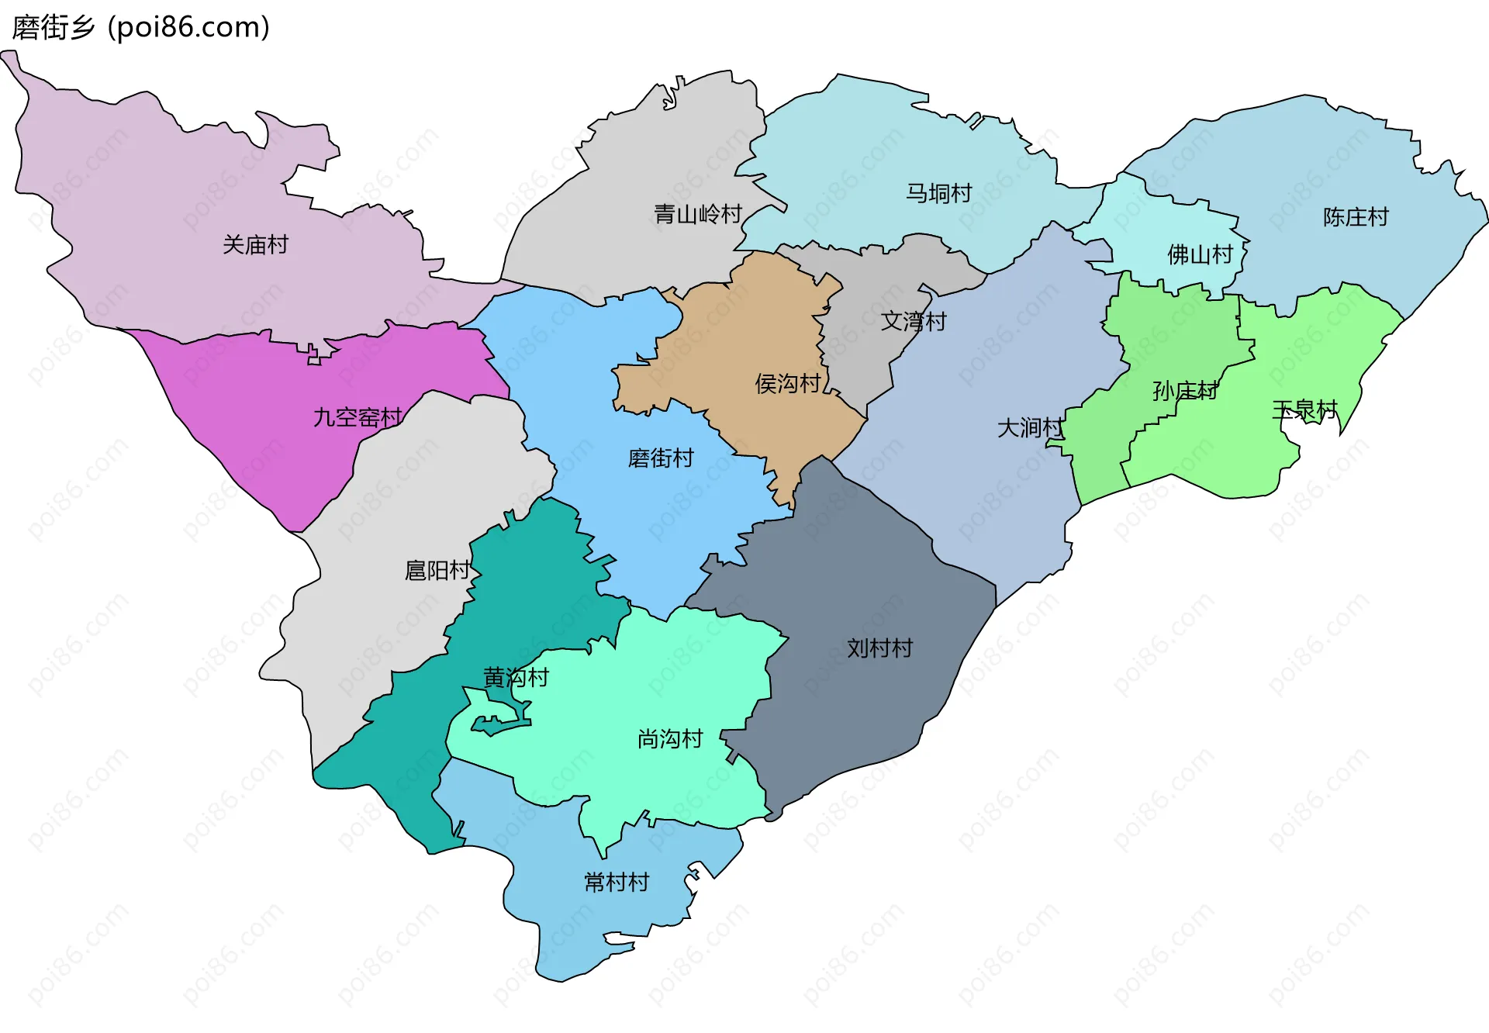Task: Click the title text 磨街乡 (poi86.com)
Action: (x=141, y=28)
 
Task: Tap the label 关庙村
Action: (x=255, y=245)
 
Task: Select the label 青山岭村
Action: (x=698, y=214)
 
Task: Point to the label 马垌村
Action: (x=938, y=193)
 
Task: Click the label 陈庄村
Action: (x=1356, y=217)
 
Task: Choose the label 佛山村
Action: (x=1200, y=254)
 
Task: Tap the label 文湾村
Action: (x=914, y=321)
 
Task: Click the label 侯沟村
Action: (x=788, y=383)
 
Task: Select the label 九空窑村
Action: (x=358, y=417)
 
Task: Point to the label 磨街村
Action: (x=661, y=458)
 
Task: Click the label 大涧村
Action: (x=1030, y=427)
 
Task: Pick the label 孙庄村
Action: (x=1185, y=391)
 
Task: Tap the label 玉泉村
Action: (x=1305, y=409)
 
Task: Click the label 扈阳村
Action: (x=437, y=571)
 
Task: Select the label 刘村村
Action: (x=879, y=648)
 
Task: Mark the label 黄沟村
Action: (x=516, y=678)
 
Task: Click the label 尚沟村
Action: (x=670, y=739)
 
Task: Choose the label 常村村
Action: (x=617, y=883)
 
